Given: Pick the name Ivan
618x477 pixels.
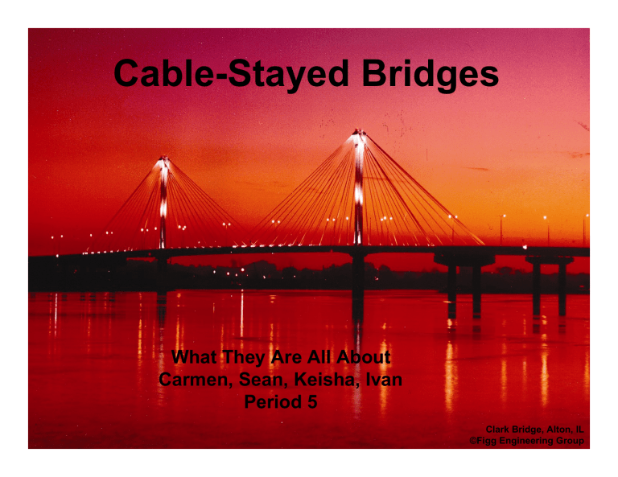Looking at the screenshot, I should click(x=377, y=379).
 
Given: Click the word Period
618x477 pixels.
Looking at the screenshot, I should click(x=270, y=402).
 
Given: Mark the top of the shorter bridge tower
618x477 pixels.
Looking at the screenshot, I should click(x=163, y=159).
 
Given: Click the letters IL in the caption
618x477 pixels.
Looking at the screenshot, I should click(x=578, y=429).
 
